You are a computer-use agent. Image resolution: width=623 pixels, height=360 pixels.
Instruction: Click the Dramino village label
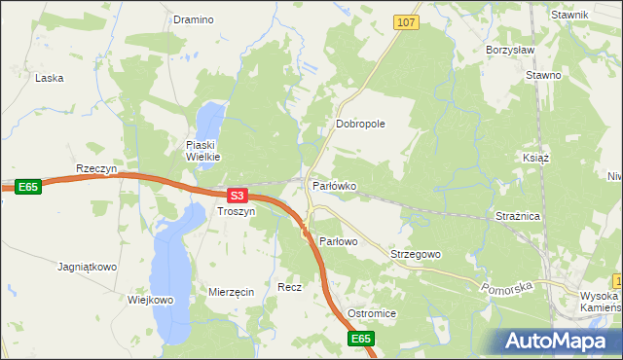pyautogui.click(x=193, y=19)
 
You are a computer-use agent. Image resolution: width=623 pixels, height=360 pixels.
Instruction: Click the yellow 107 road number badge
pyautogui.click(x=407, y=21)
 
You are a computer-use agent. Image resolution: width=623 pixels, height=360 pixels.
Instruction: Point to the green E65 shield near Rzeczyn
pyautogui.click(x=28, y=187)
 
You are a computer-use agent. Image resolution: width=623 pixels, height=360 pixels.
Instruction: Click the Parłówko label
pyautogui.click(x=334, y=185)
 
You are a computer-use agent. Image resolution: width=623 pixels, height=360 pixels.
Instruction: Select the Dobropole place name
pyautogui.click(x=361, y=125)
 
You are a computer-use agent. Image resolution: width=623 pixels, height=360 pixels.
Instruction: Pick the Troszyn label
pyautogui.click(x=237, y=211)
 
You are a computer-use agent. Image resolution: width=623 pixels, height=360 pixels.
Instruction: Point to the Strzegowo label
pyautogui.click(x=416, y=254)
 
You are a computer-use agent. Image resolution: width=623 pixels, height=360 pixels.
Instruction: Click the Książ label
pyautogui.click(x=536, y=158)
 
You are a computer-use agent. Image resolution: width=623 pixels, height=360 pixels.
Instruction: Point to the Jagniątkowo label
pyautogui.click(x=88, y=266)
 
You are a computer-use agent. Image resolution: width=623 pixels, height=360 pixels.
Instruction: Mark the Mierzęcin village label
pyautogui.click(x=232, y=292)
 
